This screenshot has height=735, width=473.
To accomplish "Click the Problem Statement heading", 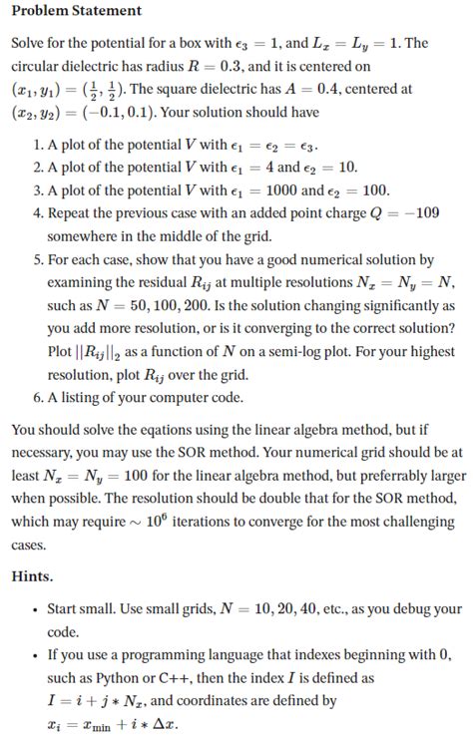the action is (76, 11).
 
